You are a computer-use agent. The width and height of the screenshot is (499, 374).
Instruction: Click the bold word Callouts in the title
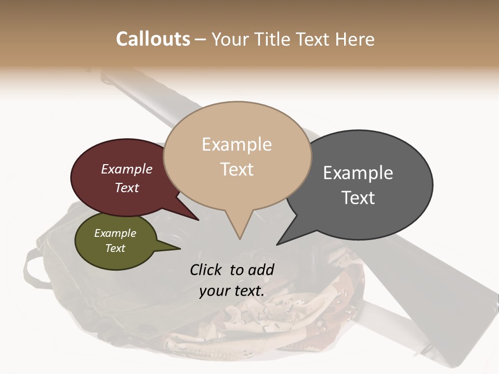coord(153,39)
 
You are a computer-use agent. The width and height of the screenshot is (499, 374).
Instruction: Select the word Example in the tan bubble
coord(237,144)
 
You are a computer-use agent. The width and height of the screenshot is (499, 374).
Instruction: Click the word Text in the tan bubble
coord(237,169)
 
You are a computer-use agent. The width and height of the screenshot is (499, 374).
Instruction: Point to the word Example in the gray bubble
coord(358,173)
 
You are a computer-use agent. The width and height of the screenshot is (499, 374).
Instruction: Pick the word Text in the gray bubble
coord(359,198)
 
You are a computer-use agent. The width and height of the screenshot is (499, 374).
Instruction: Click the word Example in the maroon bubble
coord(126,169)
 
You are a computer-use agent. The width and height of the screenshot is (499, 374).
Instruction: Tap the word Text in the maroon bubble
coord(127,188)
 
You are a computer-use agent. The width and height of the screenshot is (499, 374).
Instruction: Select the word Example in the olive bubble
coord(115,233)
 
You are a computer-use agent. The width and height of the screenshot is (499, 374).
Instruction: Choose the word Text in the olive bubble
coord(115,248)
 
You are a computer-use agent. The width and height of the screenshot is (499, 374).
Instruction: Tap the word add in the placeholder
coord(261,270)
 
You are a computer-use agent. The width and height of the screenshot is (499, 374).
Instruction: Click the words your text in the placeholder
coord(231,291)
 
